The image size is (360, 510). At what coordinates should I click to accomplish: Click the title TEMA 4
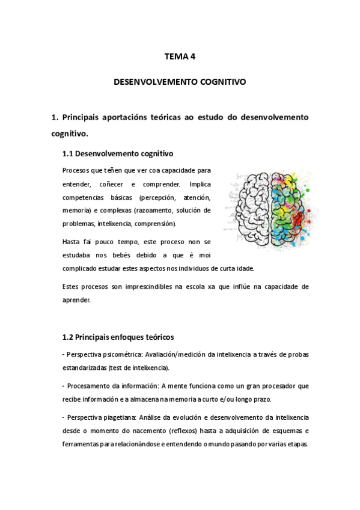pyautogui.click(x=180, y=57)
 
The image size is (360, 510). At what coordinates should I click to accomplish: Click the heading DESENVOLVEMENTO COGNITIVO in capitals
pyautogui.click(x=180, y=81)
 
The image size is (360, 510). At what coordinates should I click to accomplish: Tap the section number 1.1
pyautogui.click(x=69, y=153)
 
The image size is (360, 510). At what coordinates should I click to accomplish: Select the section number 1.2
pyautogui.click(x=69, y=337)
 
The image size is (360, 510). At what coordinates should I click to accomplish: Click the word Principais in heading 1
pyautogui.click(x=82, y=117)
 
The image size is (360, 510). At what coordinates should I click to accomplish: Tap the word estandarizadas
pyautogui.click(x=84, y=367)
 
